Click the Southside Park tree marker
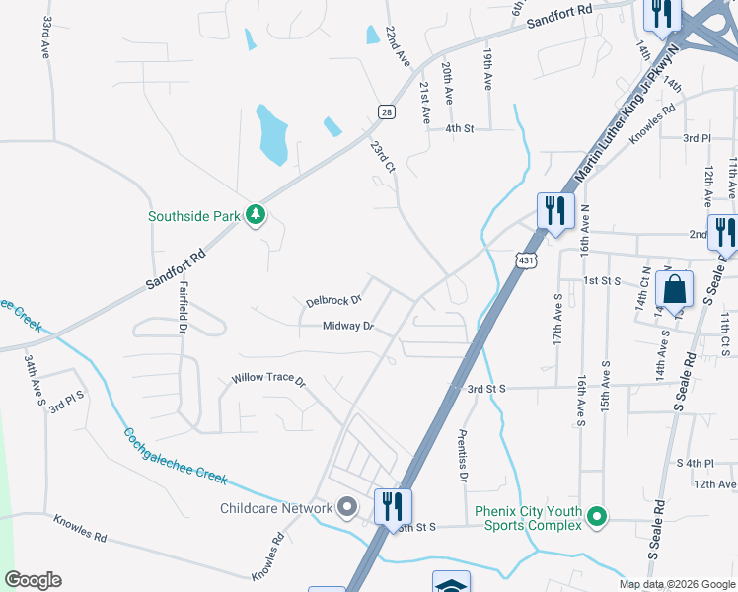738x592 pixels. click(x=256, y=215)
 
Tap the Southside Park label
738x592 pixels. click(x=194, y=216)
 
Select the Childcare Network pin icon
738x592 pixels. click(x=346, y=508)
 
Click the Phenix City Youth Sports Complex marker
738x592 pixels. click(x=596, y=516)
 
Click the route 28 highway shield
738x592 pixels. click(x=385, y=112)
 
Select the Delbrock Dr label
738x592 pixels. click(x=333, y=300)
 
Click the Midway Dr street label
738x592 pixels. click(x=348, y=326)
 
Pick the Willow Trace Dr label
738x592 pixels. click(x=268, y=379)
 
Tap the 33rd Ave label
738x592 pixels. click(x=46, y=37)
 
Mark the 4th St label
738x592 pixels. click(x=460, y=128)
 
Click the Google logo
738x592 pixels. click(x=33, y=580)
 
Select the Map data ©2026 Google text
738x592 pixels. click(x=676, y=584)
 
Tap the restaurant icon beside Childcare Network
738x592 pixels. click(x=393, y=507)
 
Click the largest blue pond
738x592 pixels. click(x=271, y=135)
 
